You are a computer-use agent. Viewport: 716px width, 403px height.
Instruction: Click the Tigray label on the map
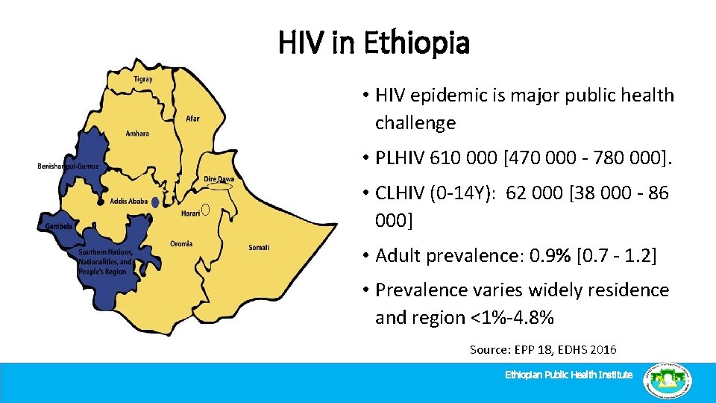143,79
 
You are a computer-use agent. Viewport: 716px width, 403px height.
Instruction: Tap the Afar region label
192,118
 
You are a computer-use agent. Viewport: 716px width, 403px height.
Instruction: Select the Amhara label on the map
137,134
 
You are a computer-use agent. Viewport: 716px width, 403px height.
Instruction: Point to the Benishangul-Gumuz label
67,166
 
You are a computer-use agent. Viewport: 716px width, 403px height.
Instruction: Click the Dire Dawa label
219,179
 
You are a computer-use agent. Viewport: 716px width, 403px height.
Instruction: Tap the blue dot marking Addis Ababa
155,202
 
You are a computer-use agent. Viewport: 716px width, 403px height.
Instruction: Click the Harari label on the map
190,213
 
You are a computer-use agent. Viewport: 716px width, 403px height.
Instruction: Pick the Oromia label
181,243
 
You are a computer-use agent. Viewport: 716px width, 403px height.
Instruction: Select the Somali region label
259,247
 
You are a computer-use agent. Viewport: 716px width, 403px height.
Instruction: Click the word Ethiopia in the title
417,43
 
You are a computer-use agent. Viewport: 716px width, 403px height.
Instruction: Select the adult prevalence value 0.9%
552,256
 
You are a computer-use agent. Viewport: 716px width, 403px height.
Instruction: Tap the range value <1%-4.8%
512,318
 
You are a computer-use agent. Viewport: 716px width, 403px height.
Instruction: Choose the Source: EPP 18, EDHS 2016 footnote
543,349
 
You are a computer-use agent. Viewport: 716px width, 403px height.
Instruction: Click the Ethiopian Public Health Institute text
569,375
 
